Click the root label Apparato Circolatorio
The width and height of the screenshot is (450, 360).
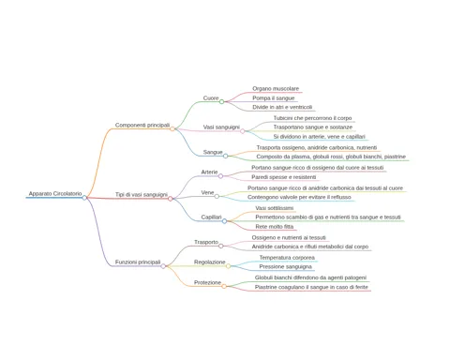(55, 194)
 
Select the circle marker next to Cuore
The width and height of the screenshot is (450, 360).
(221, 101)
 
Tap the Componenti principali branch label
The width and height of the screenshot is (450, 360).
(142, 125)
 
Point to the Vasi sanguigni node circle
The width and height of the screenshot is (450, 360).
(243, 131)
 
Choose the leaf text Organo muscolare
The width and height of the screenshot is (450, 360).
(276, 89)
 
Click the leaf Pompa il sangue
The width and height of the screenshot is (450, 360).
(274, 98)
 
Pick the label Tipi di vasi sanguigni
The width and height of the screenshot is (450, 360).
(142, 194)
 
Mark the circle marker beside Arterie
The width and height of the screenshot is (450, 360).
(220, 176)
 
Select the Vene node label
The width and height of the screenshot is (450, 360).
(207, 192)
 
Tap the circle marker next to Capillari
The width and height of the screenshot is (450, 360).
(224, 221)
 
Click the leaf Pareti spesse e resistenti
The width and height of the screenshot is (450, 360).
(284, 177)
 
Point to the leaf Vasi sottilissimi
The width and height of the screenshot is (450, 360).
(275, 208)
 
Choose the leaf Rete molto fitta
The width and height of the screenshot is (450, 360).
(275, 227)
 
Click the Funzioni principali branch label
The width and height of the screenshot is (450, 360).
(138, 262)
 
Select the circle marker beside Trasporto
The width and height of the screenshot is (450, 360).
(221, 246)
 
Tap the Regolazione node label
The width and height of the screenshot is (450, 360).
(210, 262)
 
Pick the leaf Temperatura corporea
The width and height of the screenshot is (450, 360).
(287, 258)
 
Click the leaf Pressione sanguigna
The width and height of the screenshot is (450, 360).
(286, 266)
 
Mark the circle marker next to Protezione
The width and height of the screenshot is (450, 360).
(224, 286)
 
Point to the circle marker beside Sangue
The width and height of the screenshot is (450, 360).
(226, 156)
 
